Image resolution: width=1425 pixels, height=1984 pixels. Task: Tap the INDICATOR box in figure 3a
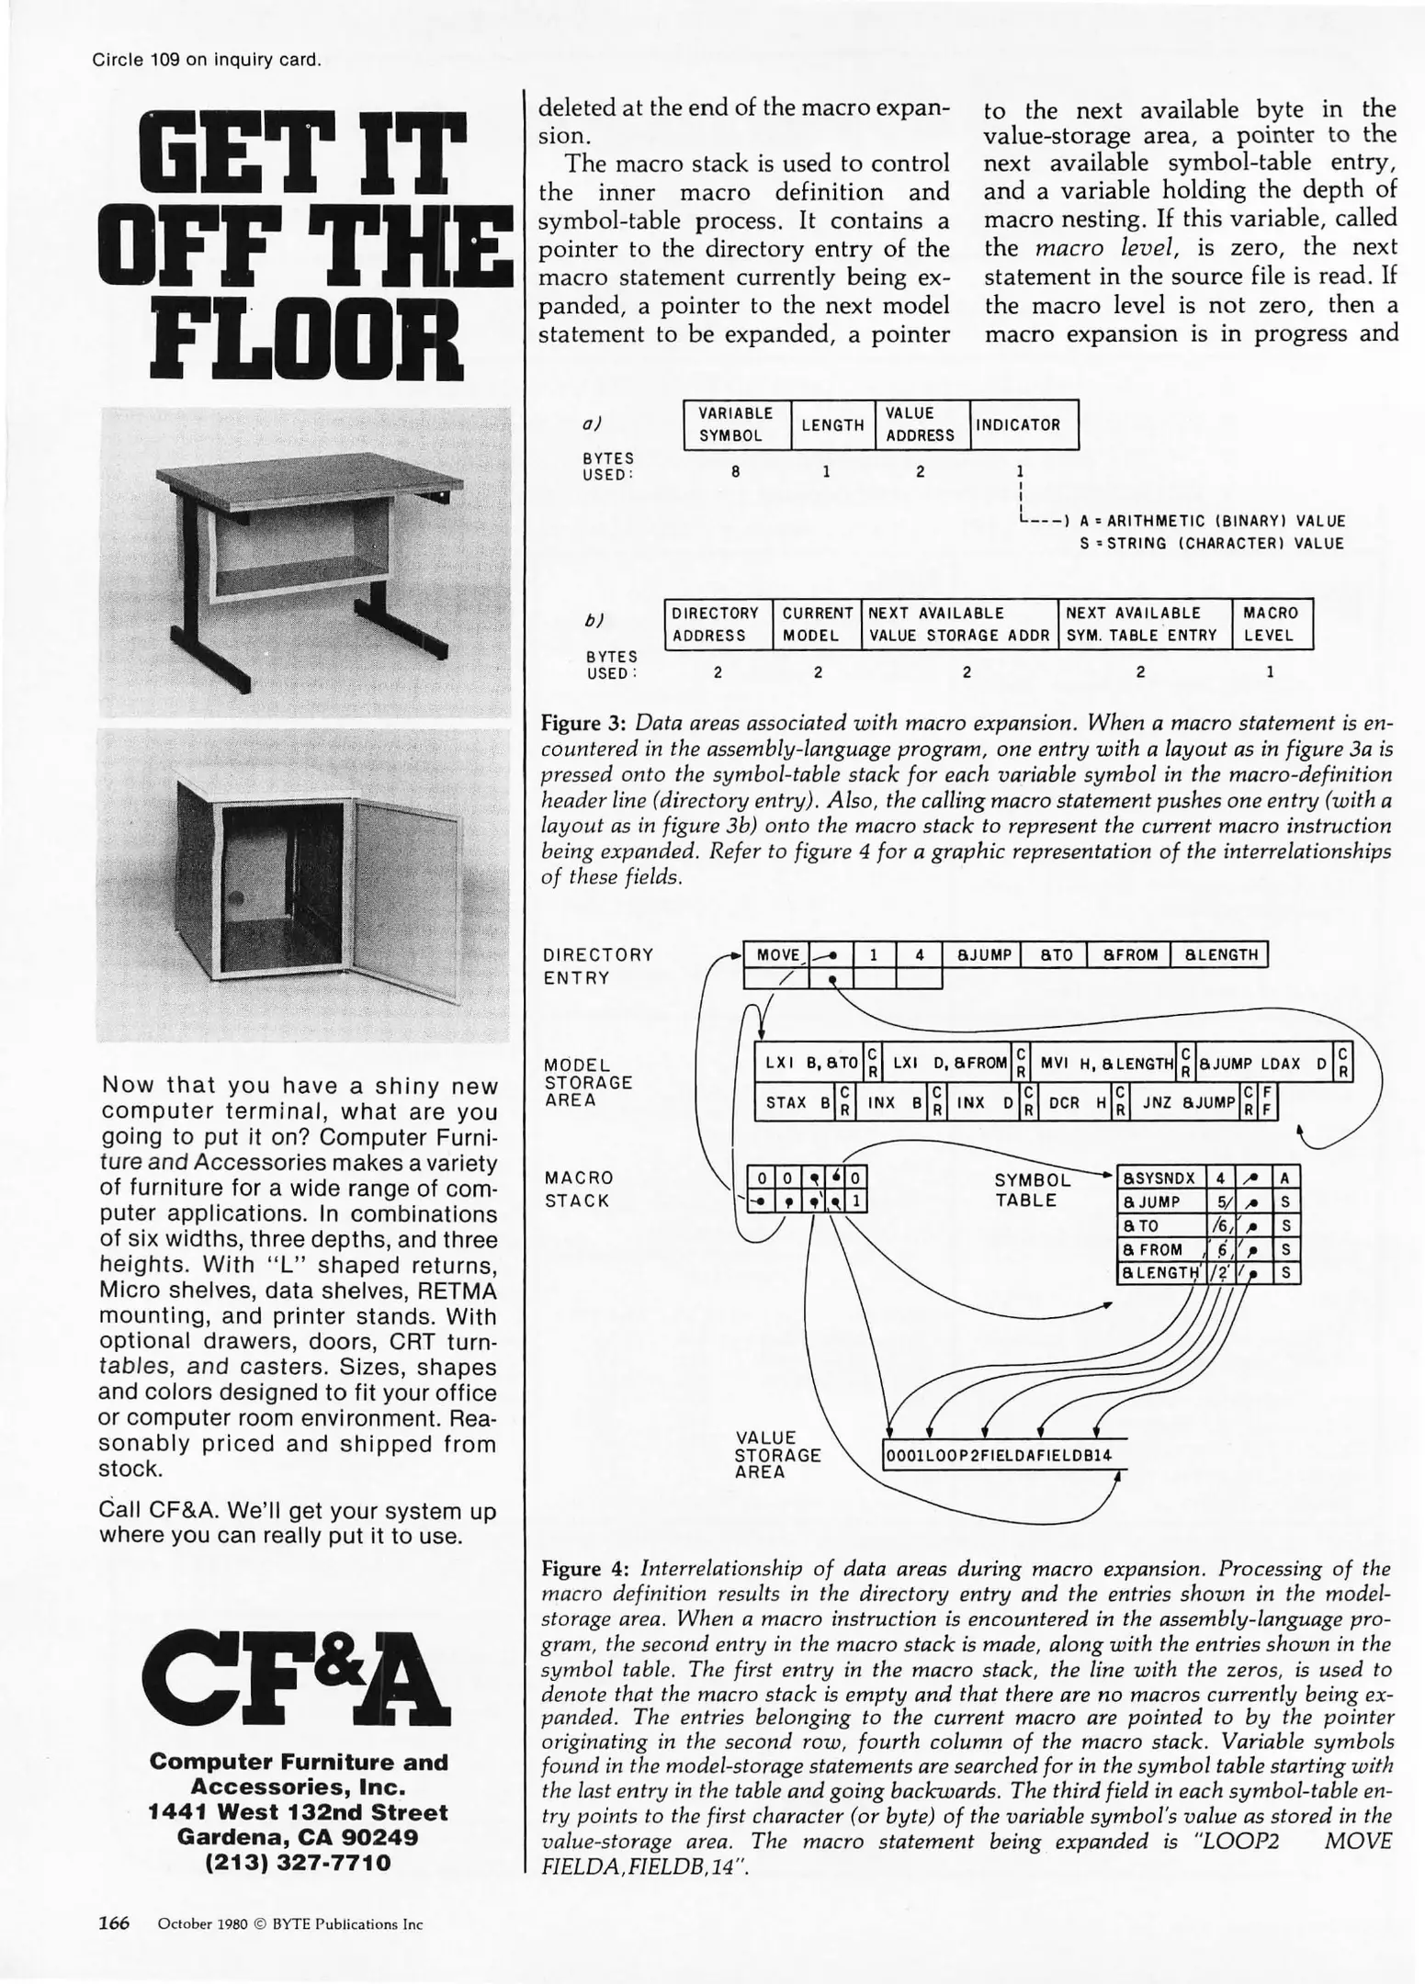1023,425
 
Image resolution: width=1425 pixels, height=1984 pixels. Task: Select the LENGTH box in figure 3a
832,425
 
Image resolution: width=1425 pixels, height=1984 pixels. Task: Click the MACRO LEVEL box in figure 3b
1271,624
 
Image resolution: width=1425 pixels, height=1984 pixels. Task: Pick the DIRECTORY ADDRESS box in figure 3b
716,624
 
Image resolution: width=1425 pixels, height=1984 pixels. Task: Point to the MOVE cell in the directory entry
776,955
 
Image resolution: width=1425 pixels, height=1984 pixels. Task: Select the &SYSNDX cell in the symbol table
1160,1178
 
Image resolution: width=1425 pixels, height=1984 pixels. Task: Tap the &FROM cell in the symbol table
1160,1249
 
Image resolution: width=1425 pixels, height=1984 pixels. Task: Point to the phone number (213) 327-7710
299,1863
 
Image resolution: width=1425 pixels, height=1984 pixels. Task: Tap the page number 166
114,1923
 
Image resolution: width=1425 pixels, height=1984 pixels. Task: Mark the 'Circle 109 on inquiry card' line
207,61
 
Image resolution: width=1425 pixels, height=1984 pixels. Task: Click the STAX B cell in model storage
797,1102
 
